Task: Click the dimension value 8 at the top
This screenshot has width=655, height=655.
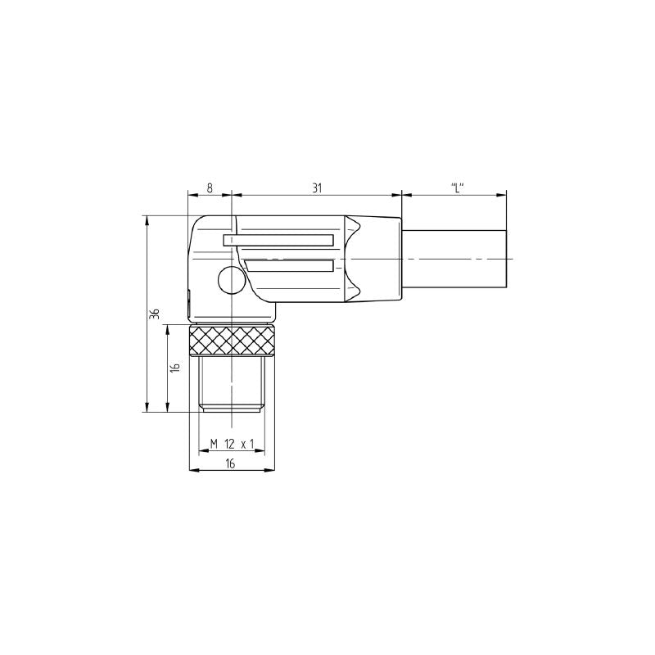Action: tap(210, 187)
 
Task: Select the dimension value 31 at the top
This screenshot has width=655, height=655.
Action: tap(317, 187)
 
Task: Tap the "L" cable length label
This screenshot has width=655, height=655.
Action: tap(457, 187)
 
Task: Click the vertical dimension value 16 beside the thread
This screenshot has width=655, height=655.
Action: tap(175, 368)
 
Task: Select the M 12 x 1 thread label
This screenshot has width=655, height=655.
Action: tap(233, 444)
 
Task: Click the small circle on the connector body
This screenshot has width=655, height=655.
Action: tap(230, 282)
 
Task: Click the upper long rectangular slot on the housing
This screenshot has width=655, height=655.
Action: tap(278, 240)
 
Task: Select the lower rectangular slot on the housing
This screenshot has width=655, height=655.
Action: tap(289, 265)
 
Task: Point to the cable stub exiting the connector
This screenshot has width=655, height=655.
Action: tap(454, 259)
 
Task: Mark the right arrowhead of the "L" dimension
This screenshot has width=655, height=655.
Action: tap(502, 195)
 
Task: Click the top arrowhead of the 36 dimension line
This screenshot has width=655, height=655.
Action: tap(147, 219)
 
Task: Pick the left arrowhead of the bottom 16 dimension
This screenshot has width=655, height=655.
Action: tap(192, 471)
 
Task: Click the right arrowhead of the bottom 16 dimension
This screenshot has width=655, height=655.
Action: tap(271, 471)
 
